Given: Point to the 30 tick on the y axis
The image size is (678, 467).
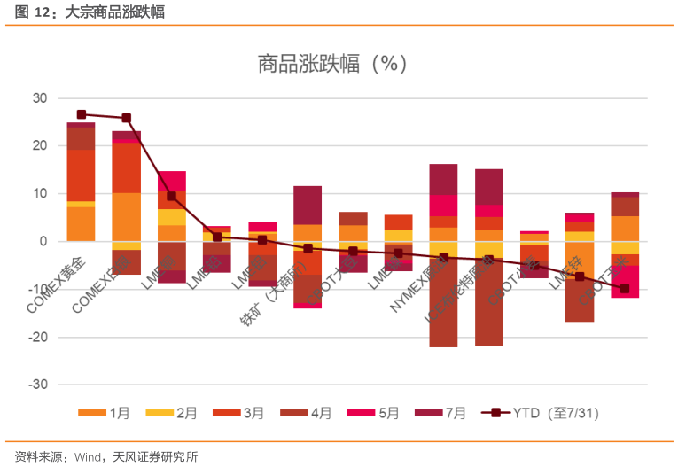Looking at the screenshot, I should tap(40, 97).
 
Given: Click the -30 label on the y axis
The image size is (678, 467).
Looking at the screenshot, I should tap(38, 385).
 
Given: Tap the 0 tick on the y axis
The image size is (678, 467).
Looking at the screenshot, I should tap(43, 241).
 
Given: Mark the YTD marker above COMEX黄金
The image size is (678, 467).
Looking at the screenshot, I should tap(81, 114).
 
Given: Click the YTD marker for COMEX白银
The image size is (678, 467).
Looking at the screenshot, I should tap(126, 118).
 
